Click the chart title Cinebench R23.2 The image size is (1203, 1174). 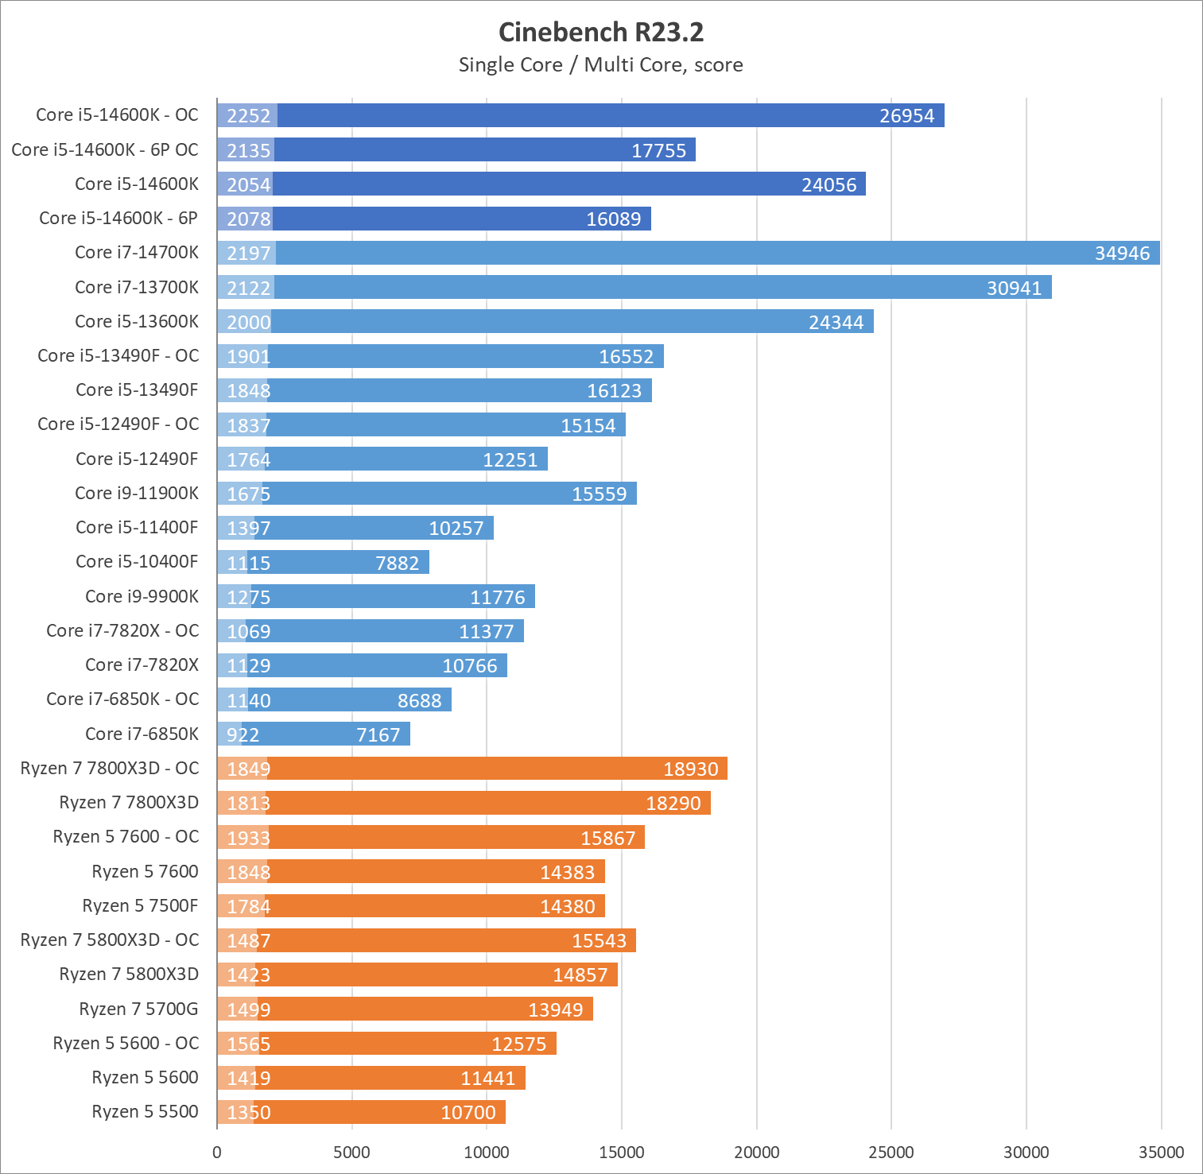pyautogui.click(x=601, y=32)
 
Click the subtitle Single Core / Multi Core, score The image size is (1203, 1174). pyautogui.click(x=601, y=65)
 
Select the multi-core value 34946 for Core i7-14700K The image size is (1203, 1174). pyautogui.click(x=1122, y=254)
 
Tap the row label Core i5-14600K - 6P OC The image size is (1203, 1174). pyautogui.click(x=105, y=149)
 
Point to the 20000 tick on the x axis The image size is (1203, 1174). pyautogui.click(x=756, y=1153)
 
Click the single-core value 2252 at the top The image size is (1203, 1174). pyautogui.click(x=249, y=116)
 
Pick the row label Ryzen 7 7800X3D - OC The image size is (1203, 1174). pyautogui.click(x=110, y=768)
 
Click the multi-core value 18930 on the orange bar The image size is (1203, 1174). pyautogui.click(x=690, y=769)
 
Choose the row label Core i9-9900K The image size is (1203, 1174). pyautogui.click(x=142, y=596)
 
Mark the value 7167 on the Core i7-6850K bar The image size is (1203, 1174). pyautogui.click(x=378, y=735)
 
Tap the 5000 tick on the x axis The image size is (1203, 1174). pyautogui.click(x=351, y=1153)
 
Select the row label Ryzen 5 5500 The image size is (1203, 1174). pyautogui.click(x=146, y=1111)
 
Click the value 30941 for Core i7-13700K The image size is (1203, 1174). pyautogui.click(x=1014, y=289)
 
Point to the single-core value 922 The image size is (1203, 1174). pyautogui.click(x=243, y=735)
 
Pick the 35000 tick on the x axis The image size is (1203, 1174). pyautogui.click(x=1161, y=1153)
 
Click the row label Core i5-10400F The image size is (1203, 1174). pyautogui.click(x=137, y=561)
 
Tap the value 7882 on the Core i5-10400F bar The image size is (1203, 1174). pyautogui.click(x=397, y=564)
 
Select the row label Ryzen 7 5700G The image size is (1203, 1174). pyautogui.click(x=139, y=1009)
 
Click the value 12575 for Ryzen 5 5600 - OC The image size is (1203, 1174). pyautogui.click(x=518, y=1044)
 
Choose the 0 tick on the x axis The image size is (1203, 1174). pyautogui.click(x=217, y=1153)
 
